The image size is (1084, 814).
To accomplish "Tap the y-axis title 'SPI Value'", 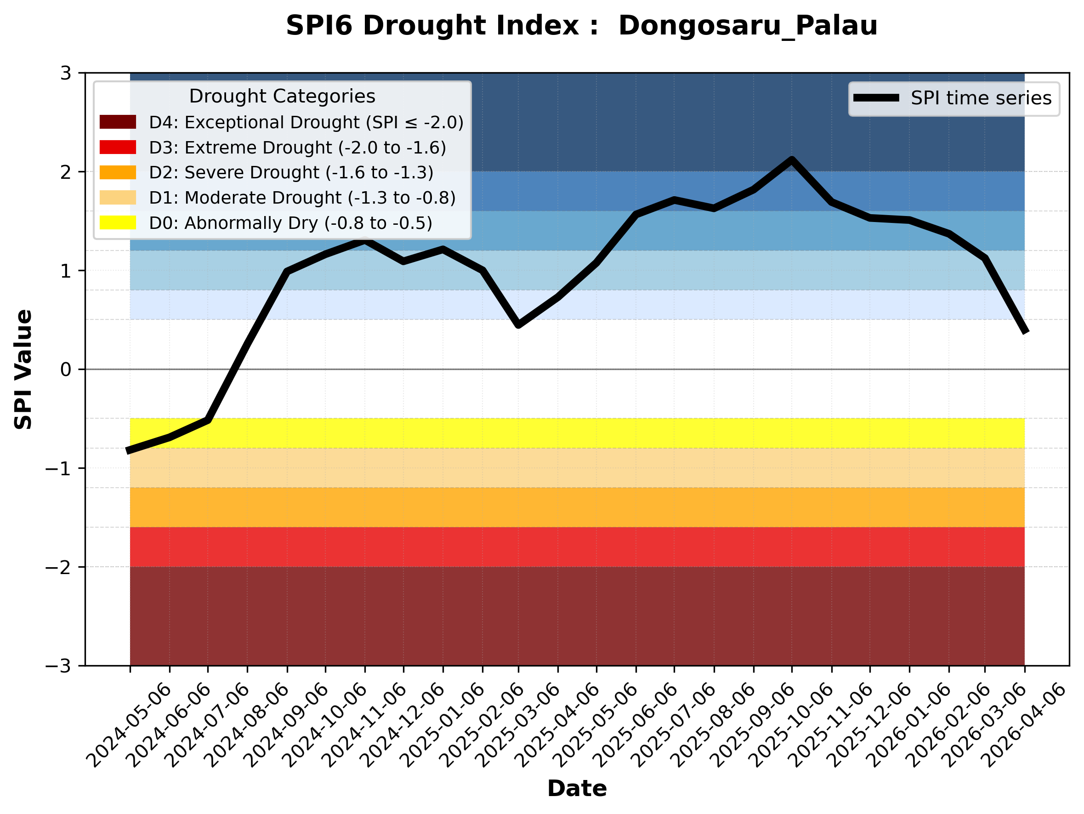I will (x=23, y=370).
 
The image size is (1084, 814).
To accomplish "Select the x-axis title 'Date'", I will (x=577, y=789).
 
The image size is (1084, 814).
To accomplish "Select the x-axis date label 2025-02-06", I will (x=481, y=725).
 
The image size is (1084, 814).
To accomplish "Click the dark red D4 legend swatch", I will (x=118, y=122).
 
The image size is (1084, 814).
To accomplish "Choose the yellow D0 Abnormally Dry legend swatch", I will (x=118, y=222).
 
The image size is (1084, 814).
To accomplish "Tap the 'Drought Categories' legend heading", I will (x=282, y=97).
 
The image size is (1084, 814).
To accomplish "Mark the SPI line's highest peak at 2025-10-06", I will (x=791, y=160).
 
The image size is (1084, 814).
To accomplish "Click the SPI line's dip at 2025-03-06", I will (x=518, y=324).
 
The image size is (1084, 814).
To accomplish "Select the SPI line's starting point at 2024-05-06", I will (x=129, y=451).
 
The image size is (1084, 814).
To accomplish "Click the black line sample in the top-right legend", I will (x=876, y=98).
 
